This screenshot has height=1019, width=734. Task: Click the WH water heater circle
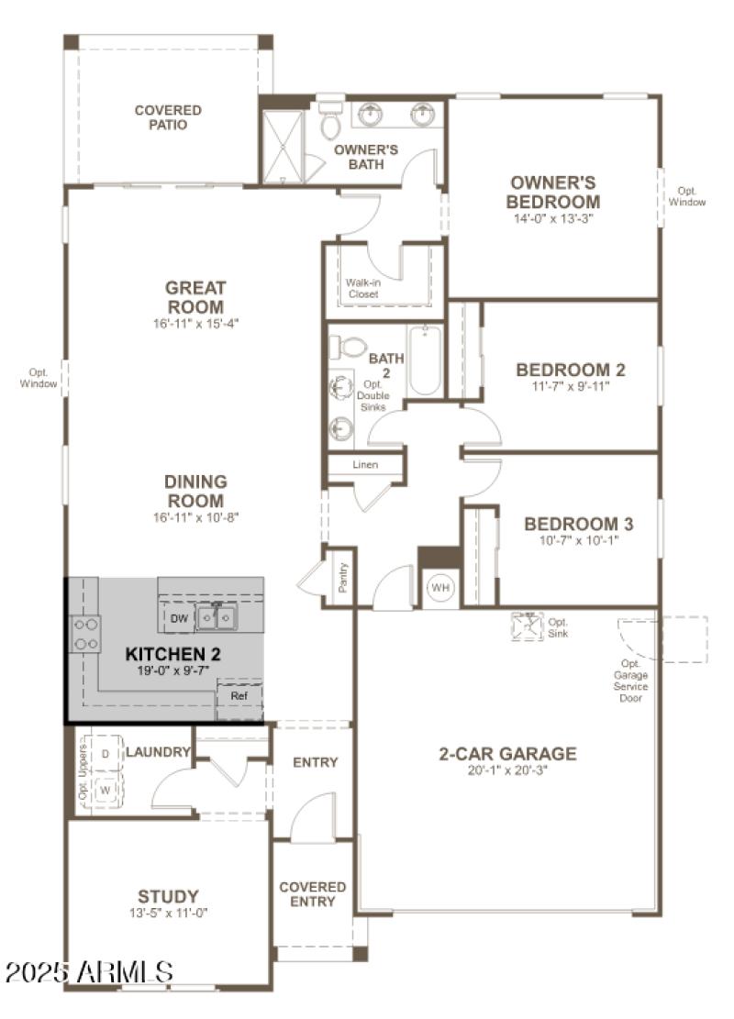pyautogui.click(x=440, y=587)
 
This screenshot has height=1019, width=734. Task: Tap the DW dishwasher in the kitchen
pyautogui.click(x=179, y=619)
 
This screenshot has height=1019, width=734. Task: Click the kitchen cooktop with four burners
pyautogui.click(x=86, y=634)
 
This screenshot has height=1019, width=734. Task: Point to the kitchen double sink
pyautogui.click(x=217, y=618)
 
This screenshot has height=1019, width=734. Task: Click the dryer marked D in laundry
pyautogui.click(x=106, y=753)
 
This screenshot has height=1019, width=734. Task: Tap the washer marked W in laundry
pyautogui.click(x=106, y=788)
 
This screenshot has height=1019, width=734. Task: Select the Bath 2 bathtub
pyautogui.click(x=425, y=360)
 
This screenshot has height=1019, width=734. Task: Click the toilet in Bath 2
pyautogui.click(x=350, y=348)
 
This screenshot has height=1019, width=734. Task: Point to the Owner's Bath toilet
pyautogui.click(x=331, y=121)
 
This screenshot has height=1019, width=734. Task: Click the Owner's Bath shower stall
pyautogui.click(x=284, y=145)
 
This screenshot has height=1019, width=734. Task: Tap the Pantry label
pyautogui.click(x=343, y=576)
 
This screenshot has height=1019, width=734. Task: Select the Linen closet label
pyautogui.click(x=365, y=465)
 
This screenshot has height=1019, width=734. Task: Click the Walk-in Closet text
pyautogui.click(x=362, y=288)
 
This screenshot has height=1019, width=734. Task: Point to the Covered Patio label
pyautogui.click(x=168, y=117)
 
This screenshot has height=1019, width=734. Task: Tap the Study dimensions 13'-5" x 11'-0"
pyautogui.click(x=168, y=913)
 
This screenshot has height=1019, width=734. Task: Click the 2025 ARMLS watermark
pyautogui.click(x=88, y=971)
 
